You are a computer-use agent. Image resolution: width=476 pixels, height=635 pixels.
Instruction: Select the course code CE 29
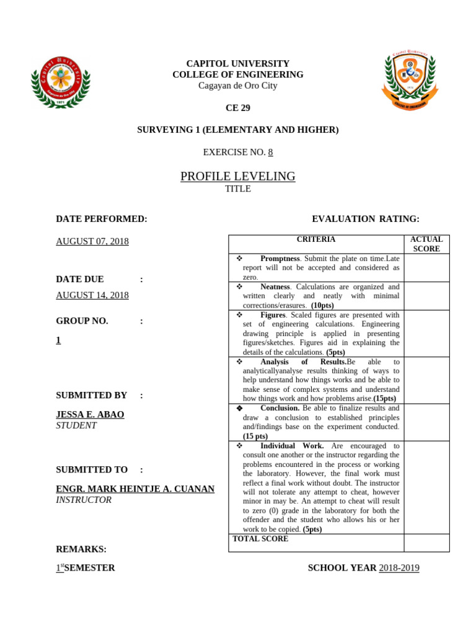click(238, 108)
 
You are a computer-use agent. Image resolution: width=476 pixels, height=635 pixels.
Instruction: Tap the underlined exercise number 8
click(270, 152)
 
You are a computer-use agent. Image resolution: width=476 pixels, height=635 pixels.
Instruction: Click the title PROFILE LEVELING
click(238, 177)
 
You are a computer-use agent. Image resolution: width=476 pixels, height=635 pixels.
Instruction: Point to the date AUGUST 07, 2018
click(92, 241)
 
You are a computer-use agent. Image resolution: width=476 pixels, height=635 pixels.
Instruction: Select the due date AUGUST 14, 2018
click(92, 295)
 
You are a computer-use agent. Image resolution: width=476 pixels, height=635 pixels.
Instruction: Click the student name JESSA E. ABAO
click(90, 414)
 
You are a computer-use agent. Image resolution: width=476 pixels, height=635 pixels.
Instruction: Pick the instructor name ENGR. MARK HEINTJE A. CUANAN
click(135, 489)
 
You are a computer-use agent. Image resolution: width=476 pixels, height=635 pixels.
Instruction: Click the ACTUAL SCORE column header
click(426, 244)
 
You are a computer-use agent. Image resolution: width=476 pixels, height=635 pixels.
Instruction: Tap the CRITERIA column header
click(316, 239)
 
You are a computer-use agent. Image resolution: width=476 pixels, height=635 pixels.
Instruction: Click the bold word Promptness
click(280, 259)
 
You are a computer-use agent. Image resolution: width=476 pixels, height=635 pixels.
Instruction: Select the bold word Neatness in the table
click(275, 287)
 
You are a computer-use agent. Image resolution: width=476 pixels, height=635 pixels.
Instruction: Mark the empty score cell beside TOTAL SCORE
click(426, 543)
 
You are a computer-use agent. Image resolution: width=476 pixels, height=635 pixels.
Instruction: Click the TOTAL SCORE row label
click(260, 539)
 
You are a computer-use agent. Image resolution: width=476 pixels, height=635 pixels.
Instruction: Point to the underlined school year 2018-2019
click(399, 568)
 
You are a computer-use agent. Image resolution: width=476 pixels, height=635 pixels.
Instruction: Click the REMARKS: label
click(81, 549)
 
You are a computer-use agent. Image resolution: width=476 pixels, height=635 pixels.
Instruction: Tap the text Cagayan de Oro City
click(238, 86)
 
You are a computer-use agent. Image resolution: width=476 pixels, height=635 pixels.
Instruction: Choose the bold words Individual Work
click(292, 446)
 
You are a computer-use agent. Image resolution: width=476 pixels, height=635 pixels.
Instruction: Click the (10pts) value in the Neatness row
click(322, 306)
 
